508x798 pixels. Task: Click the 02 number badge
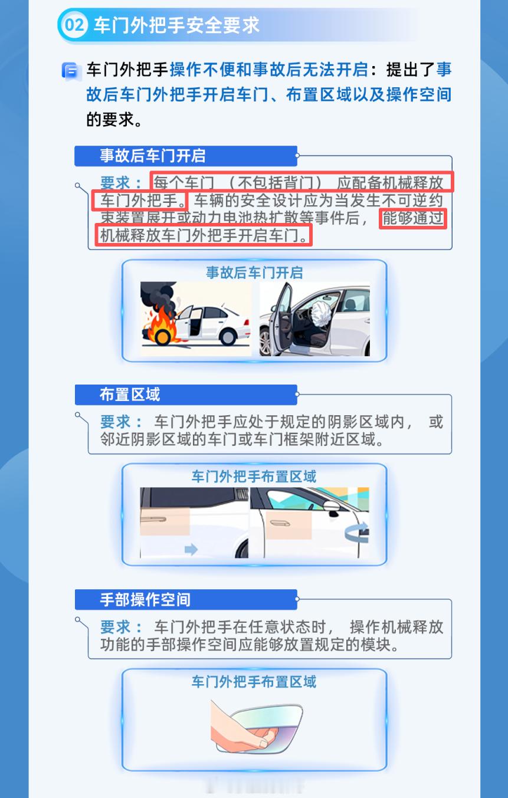(74, 25)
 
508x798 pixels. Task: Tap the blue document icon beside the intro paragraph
(70, 71)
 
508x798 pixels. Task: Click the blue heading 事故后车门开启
(153, 156)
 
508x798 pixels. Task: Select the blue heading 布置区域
(130, 395)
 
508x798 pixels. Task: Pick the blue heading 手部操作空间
(145, 600)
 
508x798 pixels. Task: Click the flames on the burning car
(160, 323)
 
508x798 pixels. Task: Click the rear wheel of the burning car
(228, 337)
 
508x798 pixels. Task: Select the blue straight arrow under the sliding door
(191, 549)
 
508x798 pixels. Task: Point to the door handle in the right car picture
(280, 523)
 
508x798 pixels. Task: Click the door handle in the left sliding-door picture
(153, 520)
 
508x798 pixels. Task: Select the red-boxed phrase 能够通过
(413, 218)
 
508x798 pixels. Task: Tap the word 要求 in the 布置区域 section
(115, 422)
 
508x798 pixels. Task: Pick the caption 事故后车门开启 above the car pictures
(254, 273)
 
